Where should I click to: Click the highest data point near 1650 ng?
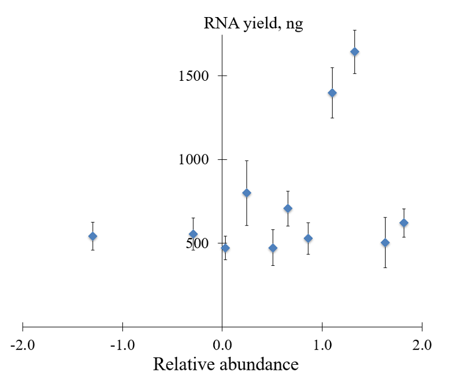point(354,52)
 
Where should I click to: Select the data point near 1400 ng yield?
point(332,93)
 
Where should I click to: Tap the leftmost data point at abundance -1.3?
point(93,236)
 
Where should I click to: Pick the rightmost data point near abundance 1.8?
point(404,223)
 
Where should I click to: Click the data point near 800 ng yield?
point(247,193)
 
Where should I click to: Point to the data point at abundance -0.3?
point(193,234)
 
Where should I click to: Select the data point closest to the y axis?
point(225,248)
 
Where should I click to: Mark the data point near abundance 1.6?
point(385,242)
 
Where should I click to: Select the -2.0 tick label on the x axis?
point(23,345)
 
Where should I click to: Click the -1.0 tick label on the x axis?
point(122,345)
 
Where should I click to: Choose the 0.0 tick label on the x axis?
point(222,345)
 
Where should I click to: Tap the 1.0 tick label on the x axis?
point(322,345)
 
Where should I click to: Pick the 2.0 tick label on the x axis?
point(422,345)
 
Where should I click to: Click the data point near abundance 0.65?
point(288,208)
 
